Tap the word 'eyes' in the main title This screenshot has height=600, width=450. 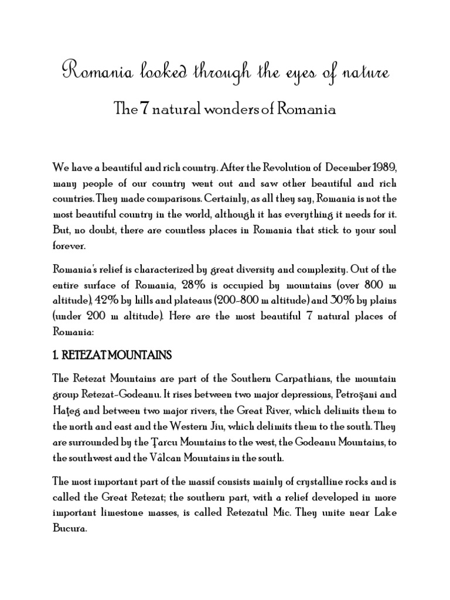(291, 74)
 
